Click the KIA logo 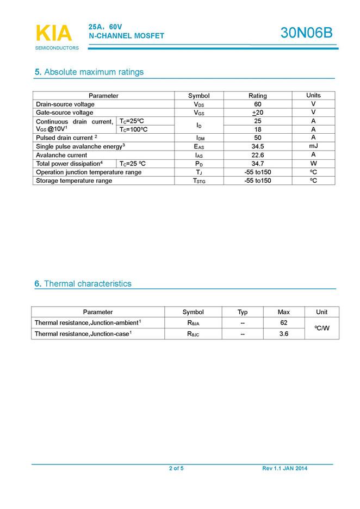point(54,34)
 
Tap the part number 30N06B point(306,33)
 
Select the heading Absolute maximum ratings point(89,72)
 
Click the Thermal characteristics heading point(83,283)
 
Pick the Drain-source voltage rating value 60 point(258,104)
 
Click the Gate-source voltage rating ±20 point(258,113)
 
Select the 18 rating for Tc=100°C point(258,129)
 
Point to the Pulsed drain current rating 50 point(258,138)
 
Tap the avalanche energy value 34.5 point(258,146)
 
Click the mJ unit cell point(313,146)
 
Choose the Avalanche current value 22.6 point(258,155)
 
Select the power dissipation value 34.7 point(258,163)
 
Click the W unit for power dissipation point(313,163)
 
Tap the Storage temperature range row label point(74,181)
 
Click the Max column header point(283,312)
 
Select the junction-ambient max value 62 point(283,322)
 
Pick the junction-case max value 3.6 point(283,333)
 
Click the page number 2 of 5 point(176,468)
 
